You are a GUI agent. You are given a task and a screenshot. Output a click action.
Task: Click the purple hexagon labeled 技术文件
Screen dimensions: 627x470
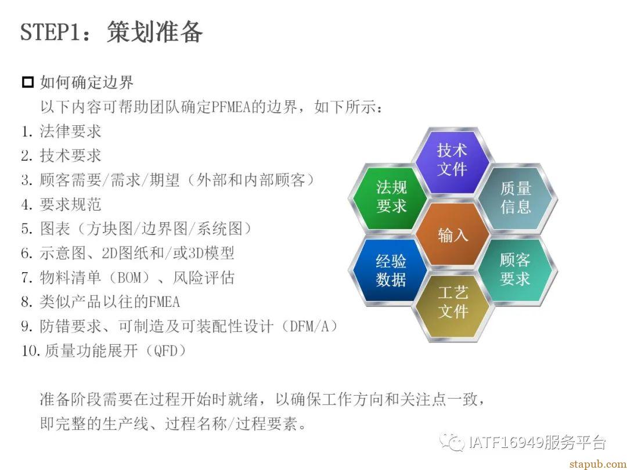point(452,160)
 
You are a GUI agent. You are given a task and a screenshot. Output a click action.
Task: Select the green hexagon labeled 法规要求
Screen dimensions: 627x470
point(390,197)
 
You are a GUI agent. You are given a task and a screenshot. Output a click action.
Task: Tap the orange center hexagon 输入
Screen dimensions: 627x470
point(452,234)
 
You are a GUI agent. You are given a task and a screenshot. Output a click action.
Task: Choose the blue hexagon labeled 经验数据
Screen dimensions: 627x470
point(390,270)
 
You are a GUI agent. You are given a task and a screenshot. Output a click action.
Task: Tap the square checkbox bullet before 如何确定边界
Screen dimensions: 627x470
point(28,82)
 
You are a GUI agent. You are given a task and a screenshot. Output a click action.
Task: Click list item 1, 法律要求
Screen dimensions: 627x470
point(61,132)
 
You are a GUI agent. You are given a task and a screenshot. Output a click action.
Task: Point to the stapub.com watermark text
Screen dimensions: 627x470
point(597,464)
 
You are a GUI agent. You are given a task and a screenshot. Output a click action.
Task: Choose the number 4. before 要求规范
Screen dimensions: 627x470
point(27,205)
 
